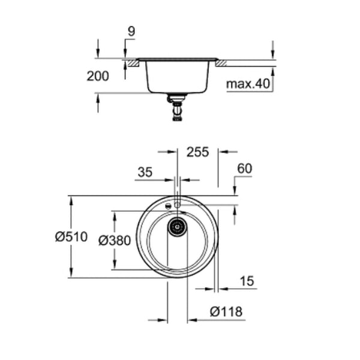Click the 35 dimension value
(x=145, y=173)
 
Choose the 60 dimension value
(x=244, y=170)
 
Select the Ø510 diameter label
(x=71, y=237)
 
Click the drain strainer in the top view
(x=177, y=227)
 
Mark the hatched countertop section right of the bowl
(x=221, y=62)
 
